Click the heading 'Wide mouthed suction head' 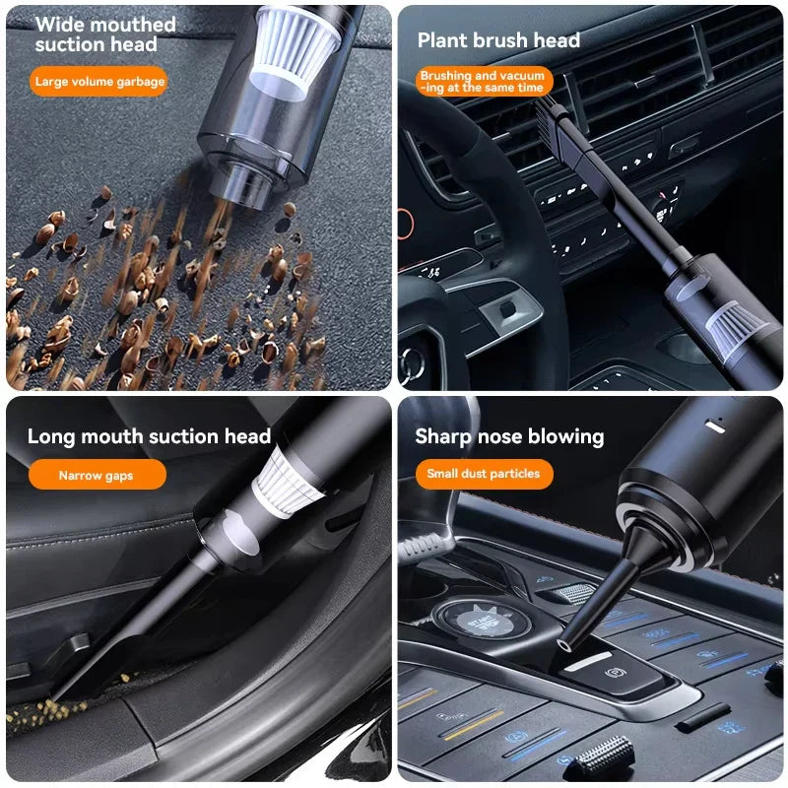[105, 34]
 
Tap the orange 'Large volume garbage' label [99, 82]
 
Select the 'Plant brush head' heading [498, 40]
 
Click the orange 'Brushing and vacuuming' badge [483, 82]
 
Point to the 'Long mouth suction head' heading [149, 436]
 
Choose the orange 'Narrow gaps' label [97, 476]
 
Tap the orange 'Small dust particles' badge [483, 474]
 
